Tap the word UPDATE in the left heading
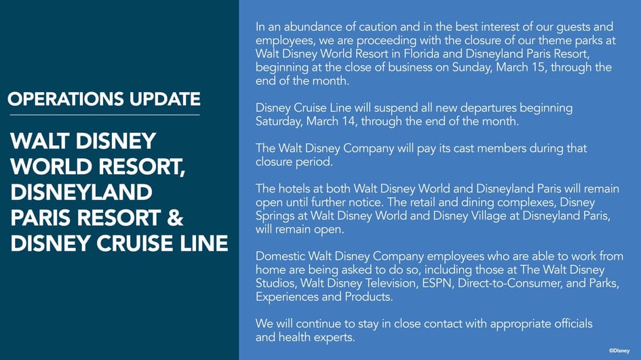pyautogui.click(x=163, y=99)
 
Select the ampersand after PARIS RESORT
pyautogui.click(x=174, y=218)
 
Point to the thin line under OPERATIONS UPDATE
pyautogui.click(x=104, y=115)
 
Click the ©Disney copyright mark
pyautogui.click(x=623, y=350)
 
